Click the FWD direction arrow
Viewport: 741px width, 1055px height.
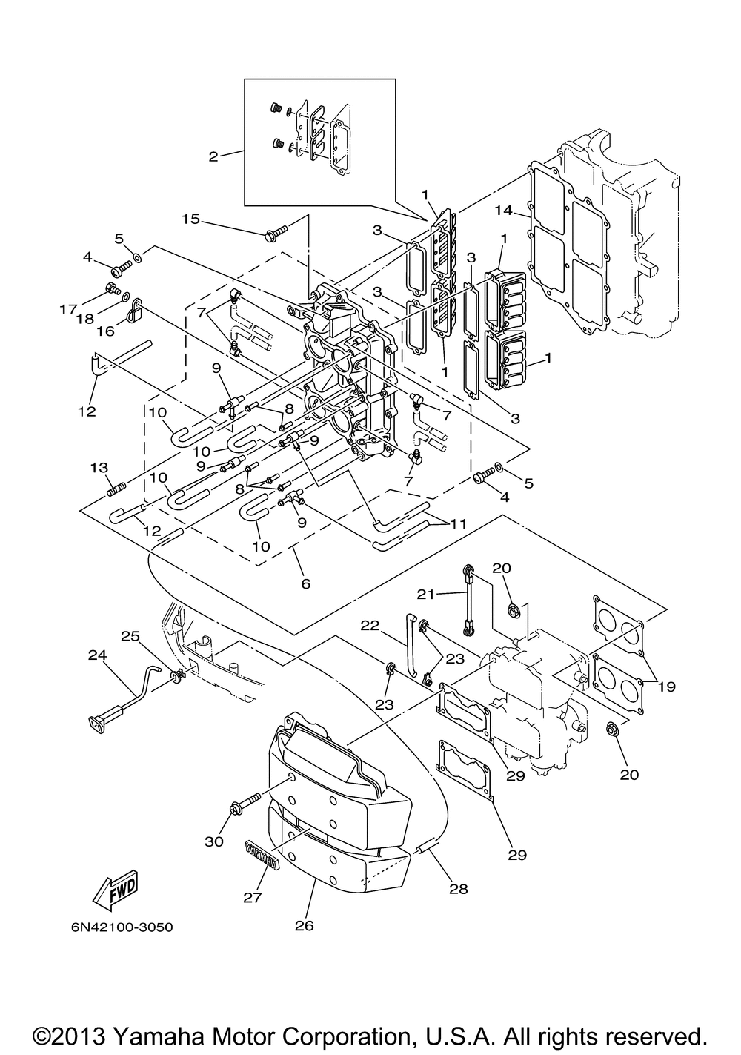(x=116, y=886)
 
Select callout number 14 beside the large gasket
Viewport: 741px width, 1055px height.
(x=504, y=211)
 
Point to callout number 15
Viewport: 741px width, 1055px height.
(x=191, y=219)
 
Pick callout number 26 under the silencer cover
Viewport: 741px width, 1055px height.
(x=304, y=926)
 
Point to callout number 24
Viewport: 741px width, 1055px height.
(x=98, y=655)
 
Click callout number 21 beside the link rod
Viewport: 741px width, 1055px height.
(x=426, y=595)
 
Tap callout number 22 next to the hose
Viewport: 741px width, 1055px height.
(x=370, y=626)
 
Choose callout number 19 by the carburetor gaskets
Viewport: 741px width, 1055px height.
(x=667, y=687)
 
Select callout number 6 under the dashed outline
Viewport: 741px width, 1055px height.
(x=306, y=584)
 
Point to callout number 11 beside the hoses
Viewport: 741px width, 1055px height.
(x=458, y=524)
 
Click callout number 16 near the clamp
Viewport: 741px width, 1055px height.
(x=106, y=331)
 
